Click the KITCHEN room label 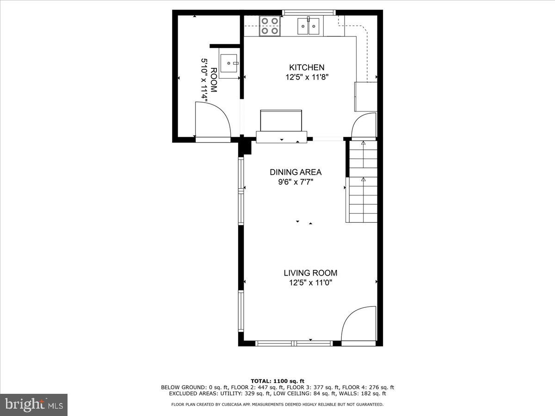(307, 67)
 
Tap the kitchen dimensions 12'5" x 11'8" (307, 78)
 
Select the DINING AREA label (296, 172)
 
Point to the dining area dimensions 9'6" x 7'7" (296, 182)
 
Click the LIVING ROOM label (310, 273)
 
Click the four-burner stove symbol (270, 26)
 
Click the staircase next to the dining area (363, 182)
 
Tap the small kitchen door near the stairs (364, 126)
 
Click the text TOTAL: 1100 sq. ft (277, 381)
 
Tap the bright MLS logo (34, 404)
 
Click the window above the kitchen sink (309, 12)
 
